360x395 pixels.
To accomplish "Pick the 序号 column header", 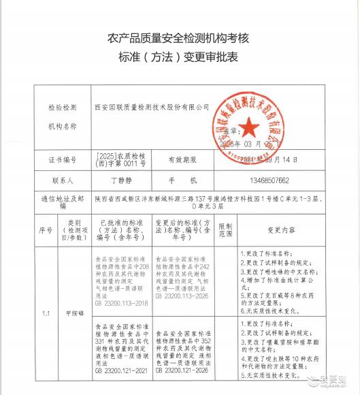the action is (x=46, y=230).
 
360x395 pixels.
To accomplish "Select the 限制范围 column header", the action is (x=226, y=230).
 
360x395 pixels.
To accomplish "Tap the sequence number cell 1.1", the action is (x=46, y=313).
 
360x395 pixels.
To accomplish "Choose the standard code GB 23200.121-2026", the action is (x=183, y=373).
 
